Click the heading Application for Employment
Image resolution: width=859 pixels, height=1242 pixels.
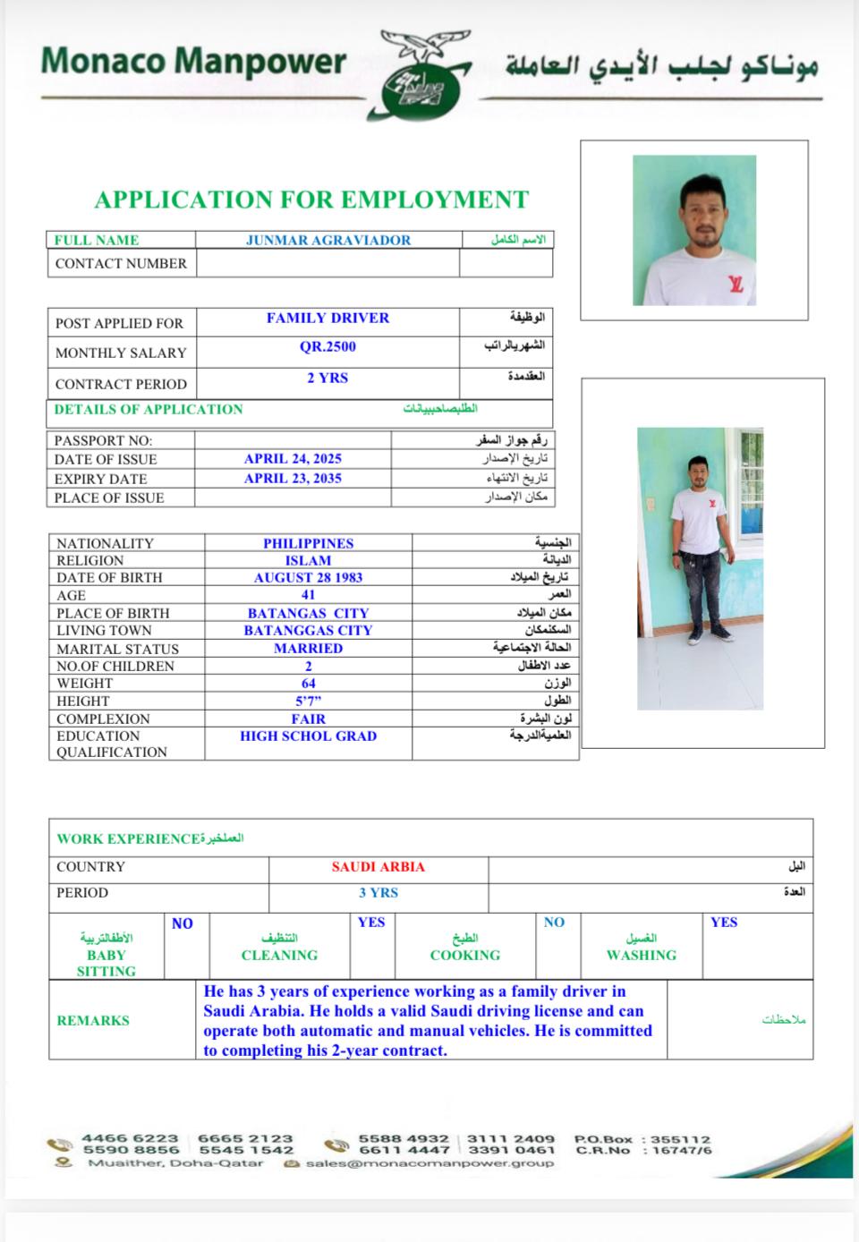click(311, 200)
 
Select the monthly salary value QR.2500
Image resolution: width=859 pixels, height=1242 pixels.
click(327, 347)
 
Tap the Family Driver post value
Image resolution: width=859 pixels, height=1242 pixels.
click(327, 318)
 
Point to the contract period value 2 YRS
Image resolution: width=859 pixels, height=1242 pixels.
click(327, 378)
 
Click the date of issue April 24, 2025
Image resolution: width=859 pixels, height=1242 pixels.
click(293, 458)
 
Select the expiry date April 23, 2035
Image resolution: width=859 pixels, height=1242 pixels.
click(293, 478)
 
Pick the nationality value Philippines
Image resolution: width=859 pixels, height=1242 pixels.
click(308, 543)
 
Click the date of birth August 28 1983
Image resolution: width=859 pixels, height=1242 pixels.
click(308, 577)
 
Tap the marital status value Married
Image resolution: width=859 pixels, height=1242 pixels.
click(308, 648)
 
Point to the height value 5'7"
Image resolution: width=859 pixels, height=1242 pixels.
click(308, 701)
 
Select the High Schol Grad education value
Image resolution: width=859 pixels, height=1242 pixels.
click(308, 736)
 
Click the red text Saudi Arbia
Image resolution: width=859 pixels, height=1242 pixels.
click(378, 866)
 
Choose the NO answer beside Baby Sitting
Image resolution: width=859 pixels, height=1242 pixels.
click(183, 923)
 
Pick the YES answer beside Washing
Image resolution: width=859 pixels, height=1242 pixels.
click(724, 923)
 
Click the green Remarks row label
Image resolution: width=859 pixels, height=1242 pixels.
click(93, 1020)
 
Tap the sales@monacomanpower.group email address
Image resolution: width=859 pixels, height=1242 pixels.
click(429, 1163)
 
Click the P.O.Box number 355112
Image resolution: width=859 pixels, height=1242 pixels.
click(680, 1139)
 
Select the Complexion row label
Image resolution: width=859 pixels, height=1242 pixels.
click(103, 719)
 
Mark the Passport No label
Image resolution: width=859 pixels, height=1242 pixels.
click(103, 440)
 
